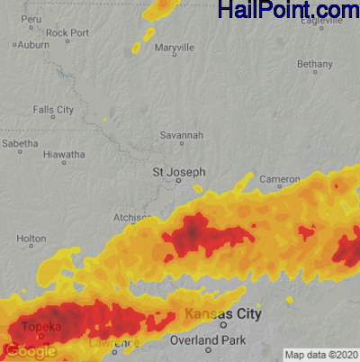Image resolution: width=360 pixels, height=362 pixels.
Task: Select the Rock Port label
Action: [x=67, y=33]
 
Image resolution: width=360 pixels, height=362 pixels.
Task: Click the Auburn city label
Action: [x=33, y=44]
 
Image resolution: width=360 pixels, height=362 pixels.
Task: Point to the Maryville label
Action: [x=174, y=47]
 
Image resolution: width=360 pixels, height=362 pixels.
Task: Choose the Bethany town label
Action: [x=314, y=65]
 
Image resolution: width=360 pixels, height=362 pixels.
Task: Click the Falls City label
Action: [x=53, y=110]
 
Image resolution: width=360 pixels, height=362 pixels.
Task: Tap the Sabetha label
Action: [x=20, y=143]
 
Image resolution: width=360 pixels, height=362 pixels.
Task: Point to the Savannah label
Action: [x=182, y=135]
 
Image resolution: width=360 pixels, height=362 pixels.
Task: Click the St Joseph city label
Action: [x=178, y=171]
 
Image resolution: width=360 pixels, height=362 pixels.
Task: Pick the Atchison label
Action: [x=131, y=218]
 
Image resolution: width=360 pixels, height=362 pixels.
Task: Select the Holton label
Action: [x=31, y=239]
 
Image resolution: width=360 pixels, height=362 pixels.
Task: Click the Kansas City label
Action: [x=223, y=314]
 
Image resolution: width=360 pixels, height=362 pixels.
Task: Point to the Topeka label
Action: [x=40, y=327]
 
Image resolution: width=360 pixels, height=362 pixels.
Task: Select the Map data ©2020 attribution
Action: [x=321, y=354]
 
